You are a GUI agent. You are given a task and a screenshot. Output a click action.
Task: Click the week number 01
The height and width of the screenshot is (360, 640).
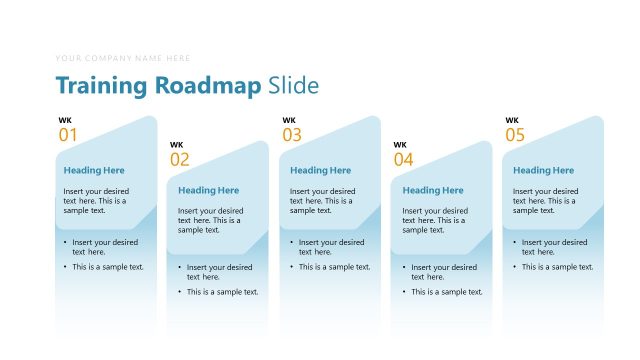67,135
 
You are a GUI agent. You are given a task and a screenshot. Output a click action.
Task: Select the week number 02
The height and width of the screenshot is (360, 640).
179,159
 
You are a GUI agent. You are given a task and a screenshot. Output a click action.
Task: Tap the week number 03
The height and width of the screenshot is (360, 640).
291,135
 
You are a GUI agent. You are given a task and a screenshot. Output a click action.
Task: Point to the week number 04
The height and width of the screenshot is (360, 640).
403,159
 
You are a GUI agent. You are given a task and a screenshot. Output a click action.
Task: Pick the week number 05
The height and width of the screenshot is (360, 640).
514,135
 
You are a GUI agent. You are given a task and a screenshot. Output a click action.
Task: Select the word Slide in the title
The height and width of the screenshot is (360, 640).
294,86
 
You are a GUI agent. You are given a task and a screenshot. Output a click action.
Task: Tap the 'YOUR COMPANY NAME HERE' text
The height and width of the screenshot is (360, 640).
123,58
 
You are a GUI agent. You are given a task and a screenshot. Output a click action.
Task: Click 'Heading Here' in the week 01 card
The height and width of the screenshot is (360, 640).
94,170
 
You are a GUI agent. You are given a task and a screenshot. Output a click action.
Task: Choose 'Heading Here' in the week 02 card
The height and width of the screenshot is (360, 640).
208,190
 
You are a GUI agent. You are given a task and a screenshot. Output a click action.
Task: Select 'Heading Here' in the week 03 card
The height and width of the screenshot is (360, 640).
320,170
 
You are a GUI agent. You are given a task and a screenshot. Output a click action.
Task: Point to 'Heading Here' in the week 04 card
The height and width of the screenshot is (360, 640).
433,190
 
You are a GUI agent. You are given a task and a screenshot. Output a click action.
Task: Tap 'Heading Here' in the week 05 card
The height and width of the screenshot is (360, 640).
543,170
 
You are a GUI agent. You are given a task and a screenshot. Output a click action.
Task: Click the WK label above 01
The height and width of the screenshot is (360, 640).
64,121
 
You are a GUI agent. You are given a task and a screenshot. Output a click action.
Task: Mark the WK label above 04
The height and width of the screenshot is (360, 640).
400,145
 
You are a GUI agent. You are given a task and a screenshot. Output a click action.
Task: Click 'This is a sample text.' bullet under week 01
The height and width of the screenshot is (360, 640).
108,267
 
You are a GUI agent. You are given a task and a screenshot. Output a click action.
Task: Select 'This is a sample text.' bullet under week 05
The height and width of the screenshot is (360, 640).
557,267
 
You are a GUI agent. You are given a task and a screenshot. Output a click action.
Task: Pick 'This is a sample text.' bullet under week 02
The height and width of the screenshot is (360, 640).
222,292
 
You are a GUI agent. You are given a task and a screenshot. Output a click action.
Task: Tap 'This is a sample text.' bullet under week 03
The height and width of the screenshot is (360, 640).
334,267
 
